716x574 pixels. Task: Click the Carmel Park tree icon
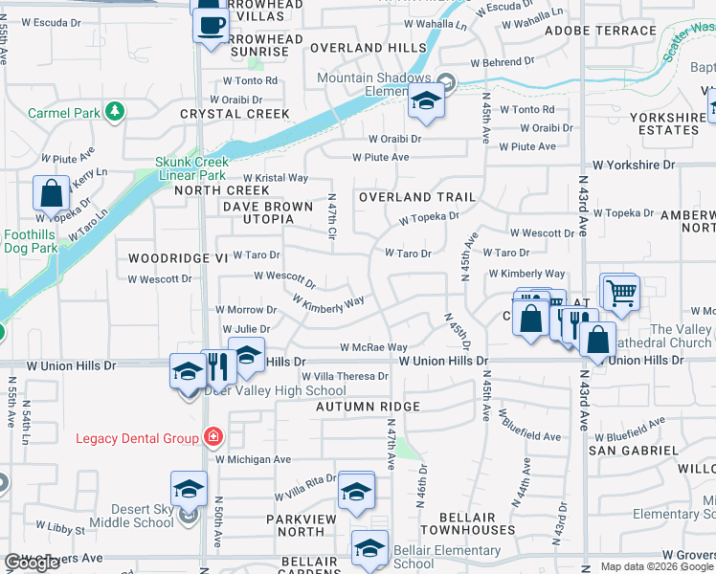(x=115, y=112)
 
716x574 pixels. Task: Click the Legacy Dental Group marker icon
(x=212, y=438)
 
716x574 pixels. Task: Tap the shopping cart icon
(x=620, y=292)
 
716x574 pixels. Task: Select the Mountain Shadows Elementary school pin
(x=425, y=100)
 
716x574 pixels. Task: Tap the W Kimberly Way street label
(x=328, y=302)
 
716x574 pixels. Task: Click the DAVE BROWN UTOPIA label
(x=268, y=212)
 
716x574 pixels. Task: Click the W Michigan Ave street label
(x=253, y=459)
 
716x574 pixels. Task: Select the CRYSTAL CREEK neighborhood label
(x=221, y=114)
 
